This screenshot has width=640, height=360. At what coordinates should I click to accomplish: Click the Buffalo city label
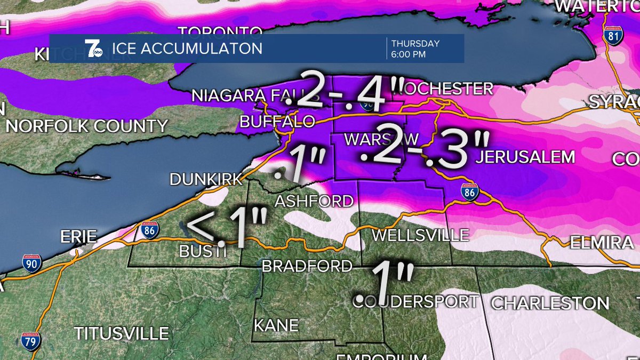pyautogui.click(x=277, y=122)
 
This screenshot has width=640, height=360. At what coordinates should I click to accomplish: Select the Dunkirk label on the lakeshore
pyautogui.click(x=206, y=180)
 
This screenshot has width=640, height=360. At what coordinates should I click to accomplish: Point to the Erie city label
pyautogui.click(x=78, y=236)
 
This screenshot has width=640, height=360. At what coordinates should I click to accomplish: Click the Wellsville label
pyautogui.click(x=420, y=235)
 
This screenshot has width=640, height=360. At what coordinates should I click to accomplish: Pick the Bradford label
pyautogui.click(x=307, y=266)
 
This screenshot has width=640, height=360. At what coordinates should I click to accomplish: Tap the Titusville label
pyautogui.click(x=121, y=334)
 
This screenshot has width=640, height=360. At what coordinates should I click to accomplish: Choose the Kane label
pyautogui.click(x=276, y=325)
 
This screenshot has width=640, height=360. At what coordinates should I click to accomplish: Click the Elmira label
pyautogui.click(x=601, y=243)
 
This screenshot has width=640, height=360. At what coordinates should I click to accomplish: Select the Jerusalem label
pyautogui.click(x=525, y=157)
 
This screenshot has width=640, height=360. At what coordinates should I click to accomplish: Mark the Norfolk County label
pyautogui.click(x=87, y=126)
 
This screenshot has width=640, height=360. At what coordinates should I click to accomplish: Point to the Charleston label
pyautogui.click(x=550, y=303)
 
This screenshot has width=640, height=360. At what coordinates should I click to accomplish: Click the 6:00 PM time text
pyautogui.click(x=410, y=54)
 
